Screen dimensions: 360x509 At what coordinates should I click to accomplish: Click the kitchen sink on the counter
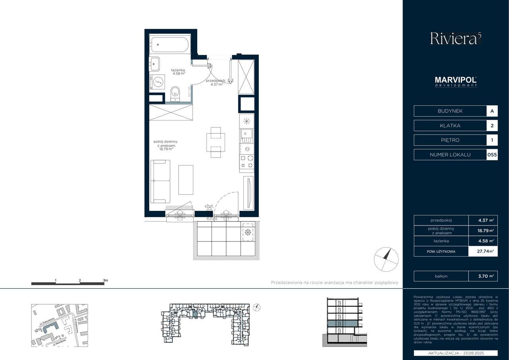[246, 136]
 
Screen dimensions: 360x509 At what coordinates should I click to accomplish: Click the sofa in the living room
[160, 181]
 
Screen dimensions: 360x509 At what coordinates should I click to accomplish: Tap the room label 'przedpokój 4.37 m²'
[216, 82]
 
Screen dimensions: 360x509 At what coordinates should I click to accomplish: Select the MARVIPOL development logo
[456, 82]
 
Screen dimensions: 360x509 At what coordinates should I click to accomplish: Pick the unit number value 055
[492, 155]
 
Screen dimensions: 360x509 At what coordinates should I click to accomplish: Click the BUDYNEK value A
[492, 111]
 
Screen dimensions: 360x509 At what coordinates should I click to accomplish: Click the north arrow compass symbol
[386, 259]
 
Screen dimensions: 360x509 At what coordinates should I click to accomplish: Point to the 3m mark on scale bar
[105, 280]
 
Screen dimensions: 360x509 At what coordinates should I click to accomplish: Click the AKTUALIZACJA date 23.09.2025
[456, 353]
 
